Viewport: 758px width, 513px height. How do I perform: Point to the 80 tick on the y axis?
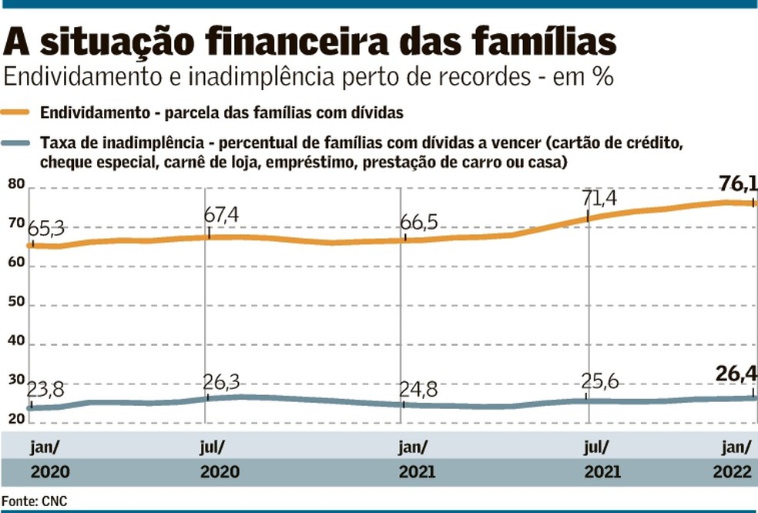click(16, 185)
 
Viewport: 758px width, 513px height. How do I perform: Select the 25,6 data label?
click(602, 383)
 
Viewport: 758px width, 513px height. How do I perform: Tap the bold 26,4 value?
click(735, 375)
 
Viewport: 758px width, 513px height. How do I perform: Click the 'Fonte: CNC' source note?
click(35, 501)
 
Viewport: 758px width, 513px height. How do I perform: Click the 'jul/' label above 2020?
click(214, 447)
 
